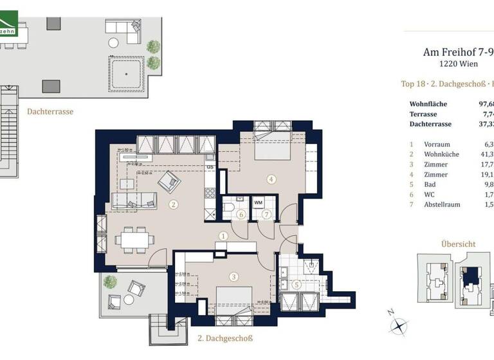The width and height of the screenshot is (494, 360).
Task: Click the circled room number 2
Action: tap(172, 205)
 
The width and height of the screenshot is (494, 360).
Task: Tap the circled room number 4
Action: tap(272, 179)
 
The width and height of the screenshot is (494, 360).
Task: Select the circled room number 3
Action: tap(234, 277)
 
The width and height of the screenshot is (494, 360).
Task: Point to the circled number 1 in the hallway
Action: tap(223, 236)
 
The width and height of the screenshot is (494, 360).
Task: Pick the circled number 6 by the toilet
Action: tap(241, 214)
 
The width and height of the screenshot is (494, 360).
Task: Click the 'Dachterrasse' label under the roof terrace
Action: tap(50, 111)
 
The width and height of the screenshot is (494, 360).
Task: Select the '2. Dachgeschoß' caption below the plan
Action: tap(224, 338)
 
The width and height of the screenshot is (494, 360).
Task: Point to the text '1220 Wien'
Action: tap(457, 64)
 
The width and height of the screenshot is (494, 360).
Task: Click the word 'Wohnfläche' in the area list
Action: tap(428, 104)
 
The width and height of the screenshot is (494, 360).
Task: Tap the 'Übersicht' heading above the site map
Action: tap(458, 244)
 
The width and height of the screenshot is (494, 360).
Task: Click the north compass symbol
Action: tap(399, 325)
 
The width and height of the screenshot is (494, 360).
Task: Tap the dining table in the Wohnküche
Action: tap(134, 240)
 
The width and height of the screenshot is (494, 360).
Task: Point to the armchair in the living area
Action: tap(170, 183)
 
